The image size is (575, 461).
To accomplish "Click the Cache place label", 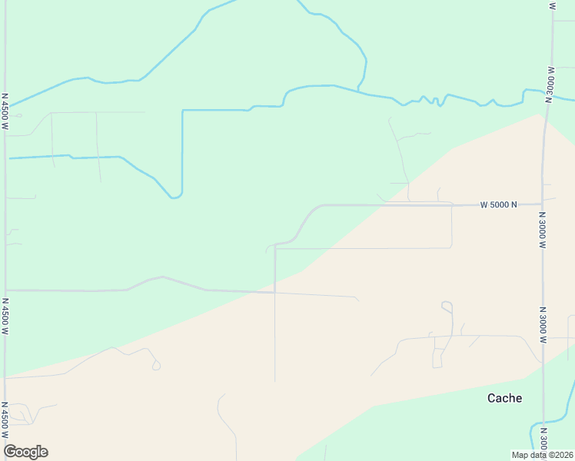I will coord(505,398).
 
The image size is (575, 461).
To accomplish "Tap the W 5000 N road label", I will coord(498,205).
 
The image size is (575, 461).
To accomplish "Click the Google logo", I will coord(25,452).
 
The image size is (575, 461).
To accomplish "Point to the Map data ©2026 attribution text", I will coord(543,455).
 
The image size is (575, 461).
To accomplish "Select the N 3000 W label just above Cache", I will coord(542,327).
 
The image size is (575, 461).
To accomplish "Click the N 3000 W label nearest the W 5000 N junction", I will coord(542,230).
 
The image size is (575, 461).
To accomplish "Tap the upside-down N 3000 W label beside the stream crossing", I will coord(550,81).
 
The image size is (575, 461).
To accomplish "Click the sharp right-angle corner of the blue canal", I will coord(183,111).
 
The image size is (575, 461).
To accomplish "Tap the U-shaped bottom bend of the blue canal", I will coord(175,197).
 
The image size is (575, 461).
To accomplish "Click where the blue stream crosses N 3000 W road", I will coord(548,97).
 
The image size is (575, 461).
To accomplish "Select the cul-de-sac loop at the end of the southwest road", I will coord(156,366).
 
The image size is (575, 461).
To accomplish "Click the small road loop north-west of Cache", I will coord(447,306).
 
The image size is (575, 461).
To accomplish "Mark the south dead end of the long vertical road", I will coord(275,382).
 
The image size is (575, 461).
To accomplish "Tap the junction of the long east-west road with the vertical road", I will coord(275,292).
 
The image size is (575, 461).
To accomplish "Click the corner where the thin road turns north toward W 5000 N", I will coord(451,247).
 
